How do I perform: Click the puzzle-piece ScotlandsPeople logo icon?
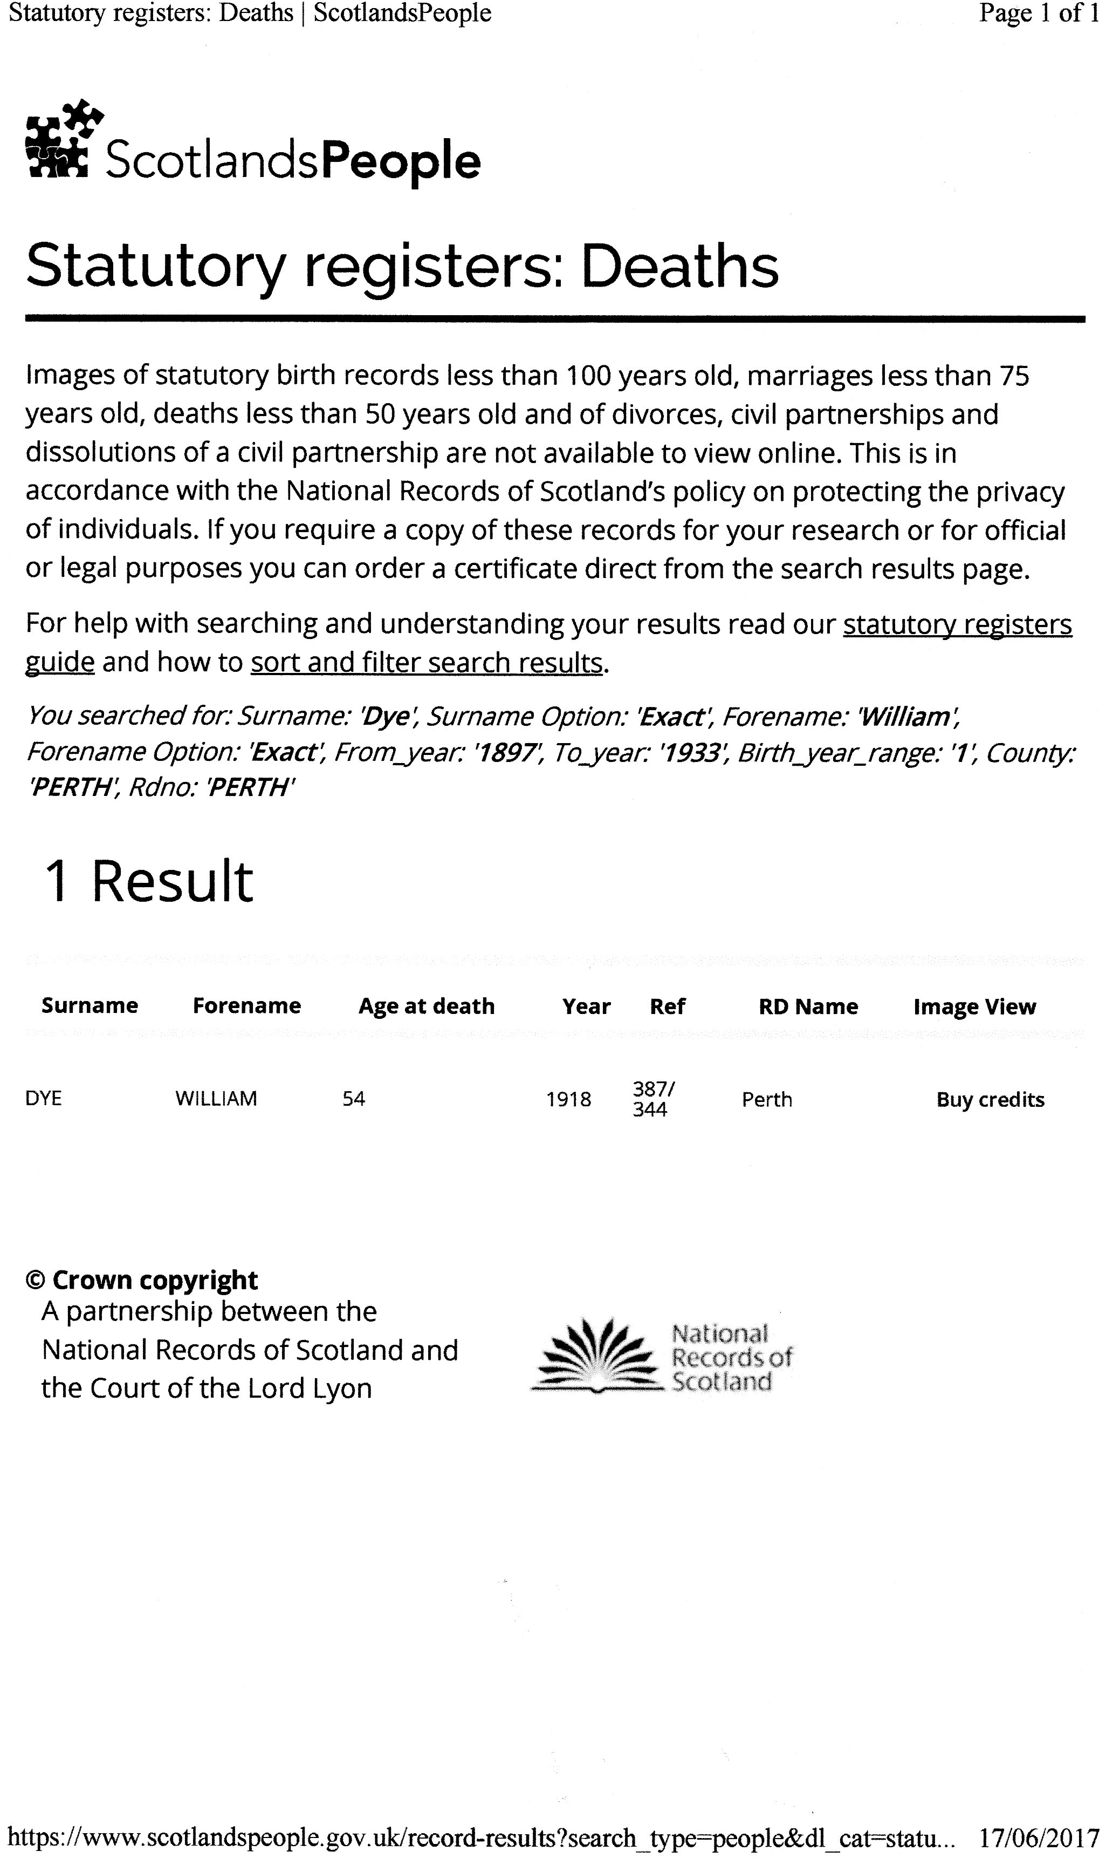63,139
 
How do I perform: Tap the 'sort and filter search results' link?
427,662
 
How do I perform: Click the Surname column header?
90,1006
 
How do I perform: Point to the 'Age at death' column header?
427,1006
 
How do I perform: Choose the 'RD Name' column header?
808,1006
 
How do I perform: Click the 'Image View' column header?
974,1006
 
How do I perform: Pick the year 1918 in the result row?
569,1100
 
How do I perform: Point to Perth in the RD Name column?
766,1100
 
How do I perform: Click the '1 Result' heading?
149,881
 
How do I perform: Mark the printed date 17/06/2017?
1039,1836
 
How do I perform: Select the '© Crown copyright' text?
142,1279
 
